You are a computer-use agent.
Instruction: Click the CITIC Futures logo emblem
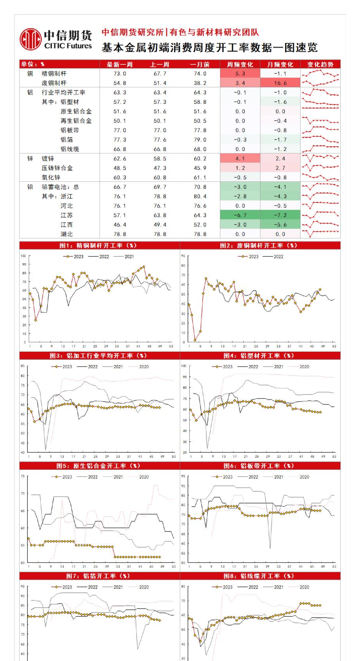point(30,39)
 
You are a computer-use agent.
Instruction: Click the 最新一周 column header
point(120,64)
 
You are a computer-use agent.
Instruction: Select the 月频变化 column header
point(280,64)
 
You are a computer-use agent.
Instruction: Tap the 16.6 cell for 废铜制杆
point(280,83)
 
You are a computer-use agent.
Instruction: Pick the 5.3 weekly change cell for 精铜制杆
point(240,74)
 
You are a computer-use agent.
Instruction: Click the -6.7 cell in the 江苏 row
point(240,215)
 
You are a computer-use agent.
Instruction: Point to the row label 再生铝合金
point(76,121)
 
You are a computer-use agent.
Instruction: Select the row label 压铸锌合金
point(57,168)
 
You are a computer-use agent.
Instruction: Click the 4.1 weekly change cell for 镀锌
point(240,159)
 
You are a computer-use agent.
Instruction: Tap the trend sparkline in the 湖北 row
point(320,234)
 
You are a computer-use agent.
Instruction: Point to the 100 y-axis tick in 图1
point(23,256)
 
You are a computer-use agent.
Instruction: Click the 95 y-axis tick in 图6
point(183,476)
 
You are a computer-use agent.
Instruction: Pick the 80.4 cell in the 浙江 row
point(200,196)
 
